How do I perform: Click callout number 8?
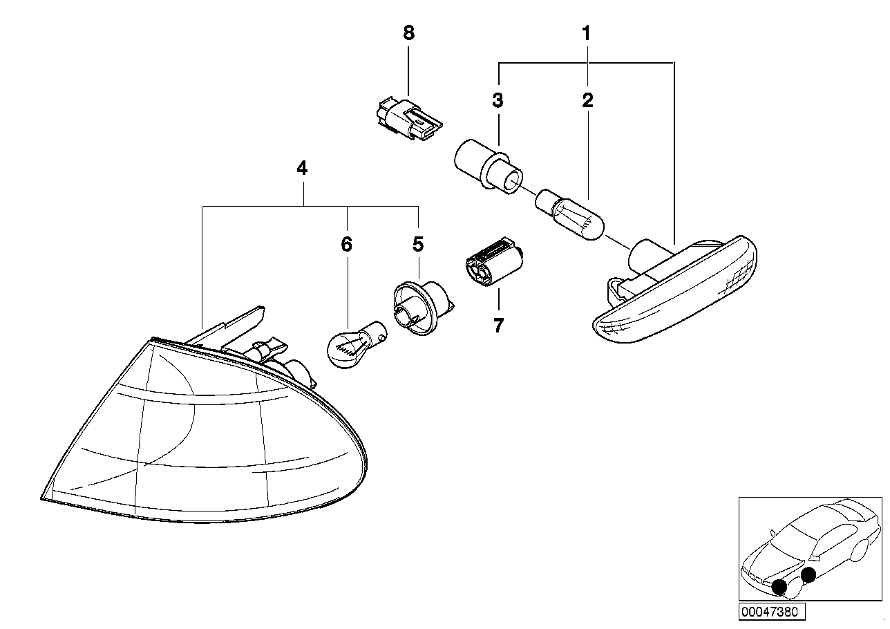(409, 33)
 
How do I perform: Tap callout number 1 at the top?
(586, 33)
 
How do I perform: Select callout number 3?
(498, 101)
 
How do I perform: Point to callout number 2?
(587, 101)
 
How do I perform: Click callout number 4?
(302, 168)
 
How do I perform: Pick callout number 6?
(346, 244)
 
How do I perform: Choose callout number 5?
(417, 244)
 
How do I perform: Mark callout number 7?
(499, 325)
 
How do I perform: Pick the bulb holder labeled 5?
(417, 308)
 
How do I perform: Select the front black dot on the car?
(780, 587)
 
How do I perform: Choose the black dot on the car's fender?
(808, 573)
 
